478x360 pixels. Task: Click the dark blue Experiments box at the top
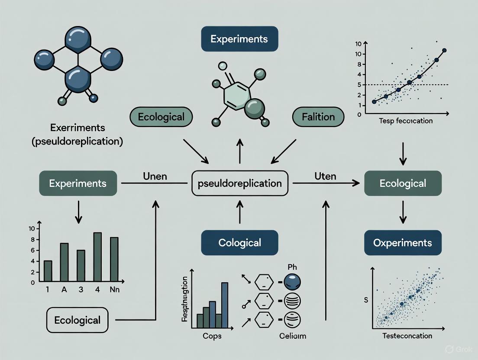[x=239, y=39]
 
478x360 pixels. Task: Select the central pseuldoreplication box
[x=239, y=183]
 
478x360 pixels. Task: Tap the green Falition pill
[x=319, y=117]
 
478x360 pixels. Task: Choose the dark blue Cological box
[x=239, y=242]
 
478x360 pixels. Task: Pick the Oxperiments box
[x=403, y=242]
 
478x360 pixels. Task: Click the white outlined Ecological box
[x=77, y=321]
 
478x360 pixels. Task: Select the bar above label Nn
[x=114, y=259]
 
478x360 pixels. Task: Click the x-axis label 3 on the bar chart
[x=81, y=290]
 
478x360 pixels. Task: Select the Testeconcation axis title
[x=407, y=336]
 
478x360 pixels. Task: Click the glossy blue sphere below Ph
[x=291, y=283]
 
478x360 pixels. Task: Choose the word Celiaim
[x=292, y=336]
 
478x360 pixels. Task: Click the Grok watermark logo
[x=449, y=349]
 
